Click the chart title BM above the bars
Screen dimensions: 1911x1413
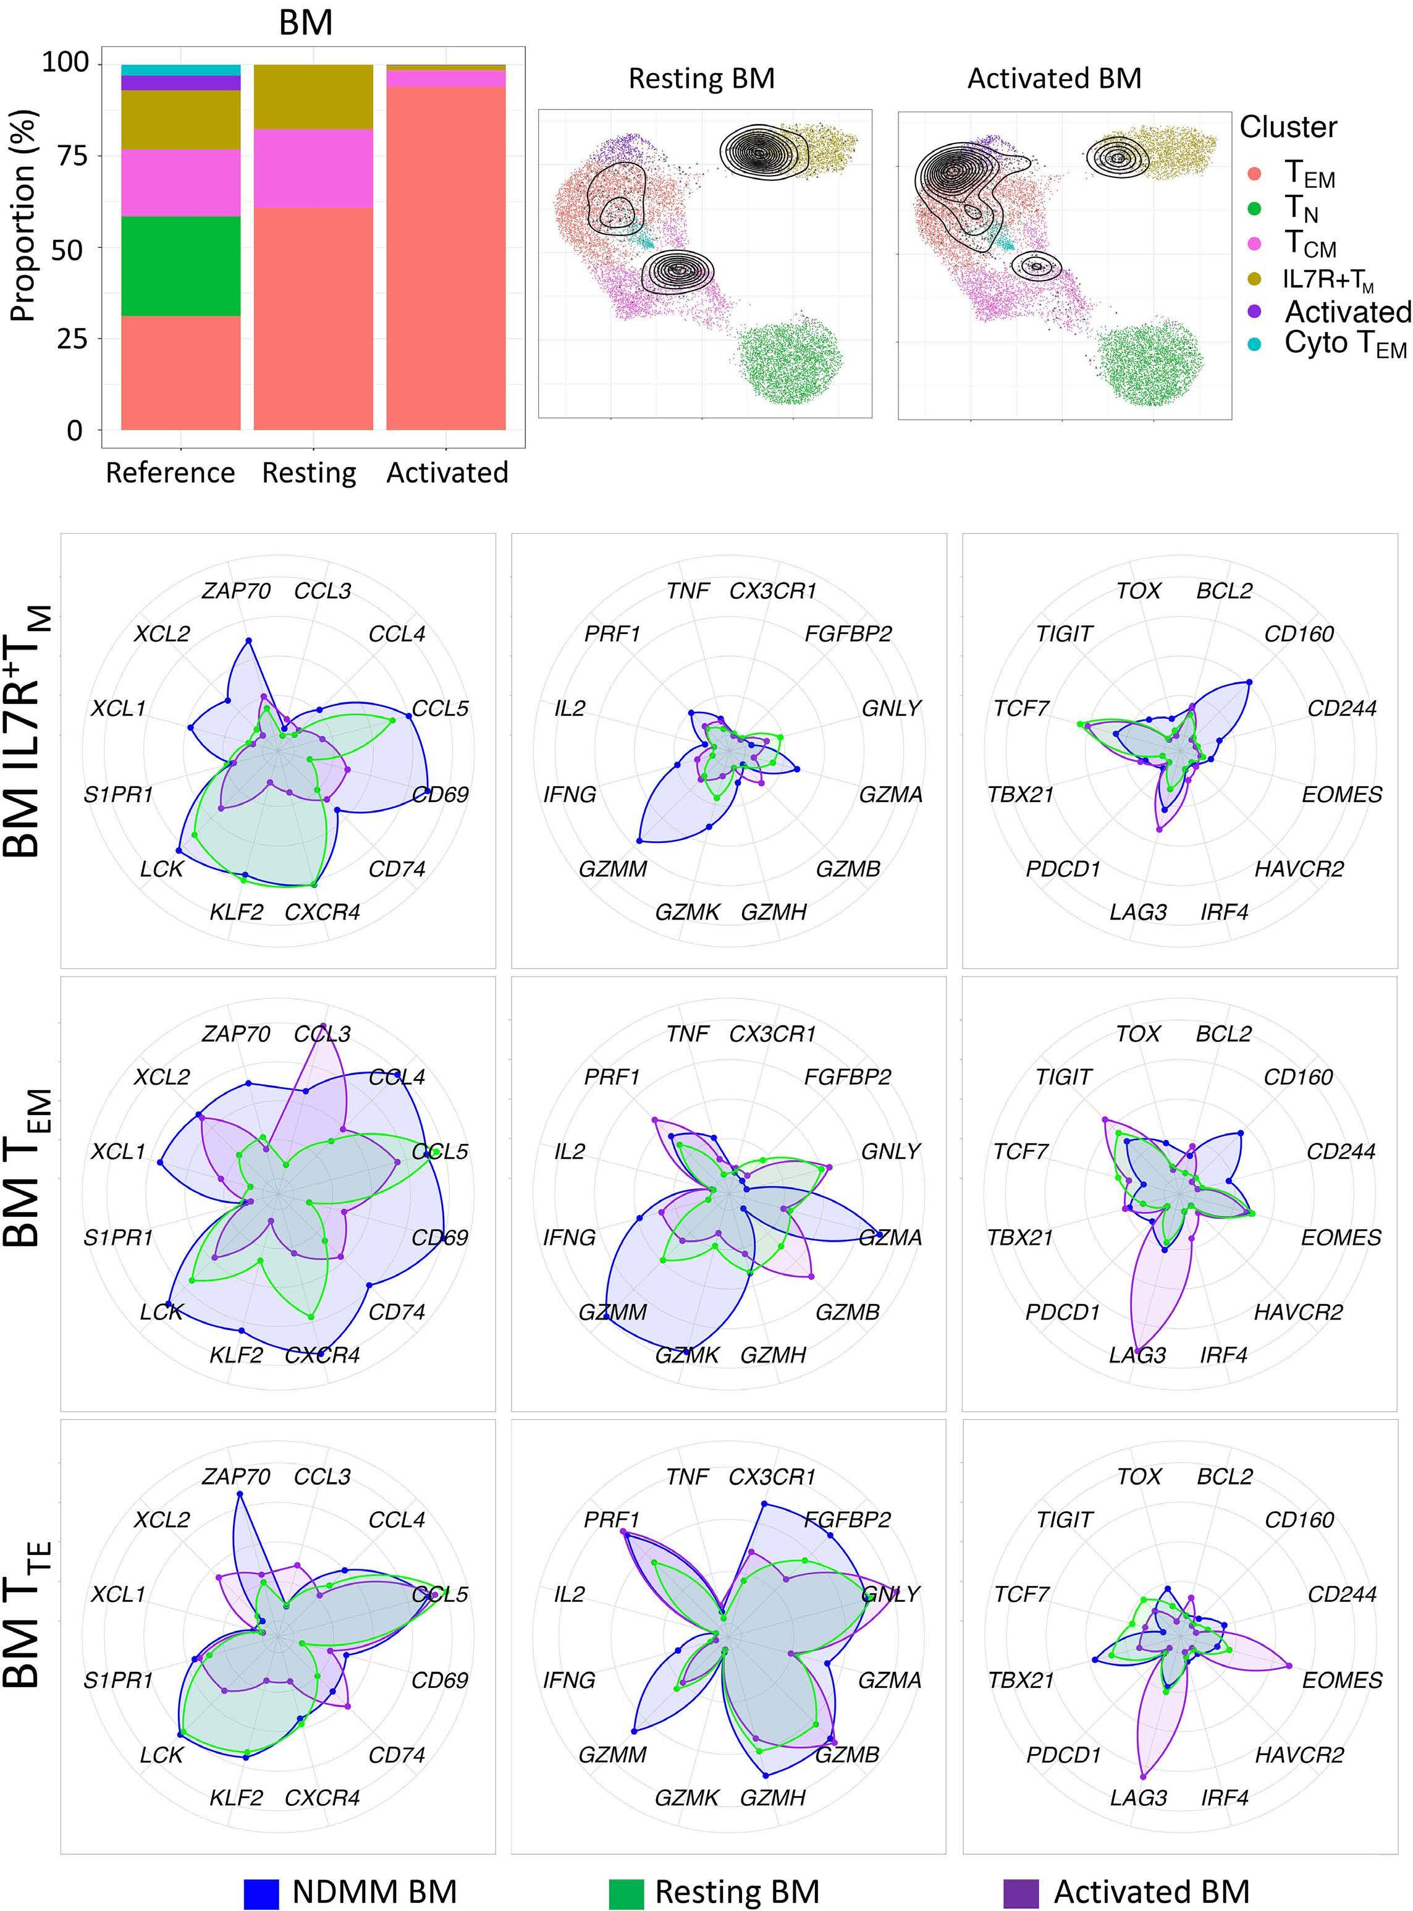305,22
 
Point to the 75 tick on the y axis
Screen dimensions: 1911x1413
70,155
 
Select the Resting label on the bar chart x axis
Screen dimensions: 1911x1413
309,472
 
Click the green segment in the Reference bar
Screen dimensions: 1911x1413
180,266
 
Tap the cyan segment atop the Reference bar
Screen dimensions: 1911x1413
180,69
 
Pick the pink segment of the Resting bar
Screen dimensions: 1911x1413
313,169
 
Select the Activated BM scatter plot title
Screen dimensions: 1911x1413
1054,78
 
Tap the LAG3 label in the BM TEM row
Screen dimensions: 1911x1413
1137,1355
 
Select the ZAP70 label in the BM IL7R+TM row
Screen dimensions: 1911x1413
236,591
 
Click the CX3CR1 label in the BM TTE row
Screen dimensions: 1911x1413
772,1477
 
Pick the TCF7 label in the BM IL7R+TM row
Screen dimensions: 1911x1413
1021,708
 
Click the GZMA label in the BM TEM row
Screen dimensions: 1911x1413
890,1238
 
